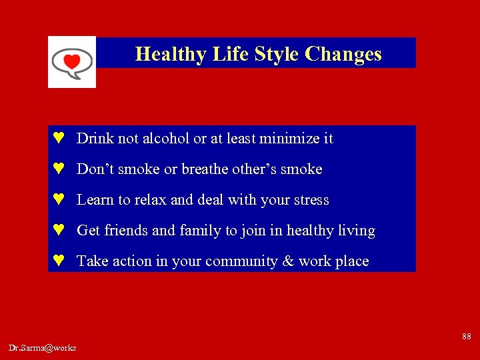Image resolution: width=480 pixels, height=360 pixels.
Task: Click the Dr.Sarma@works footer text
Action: pyautogui.click(x=43, y=347)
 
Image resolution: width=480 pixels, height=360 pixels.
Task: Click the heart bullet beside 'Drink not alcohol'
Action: pyautogui.click(x=59, y=139)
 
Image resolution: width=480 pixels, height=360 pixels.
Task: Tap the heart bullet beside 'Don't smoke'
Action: pyautogui.click(x=59, y=169)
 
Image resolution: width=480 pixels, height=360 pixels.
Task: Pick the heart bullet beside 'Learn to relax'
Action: pyautogui.click(x=59, y=200)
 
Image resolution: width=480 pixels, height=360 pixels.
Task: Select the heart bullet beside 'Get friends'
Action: pyautogui.click(x=59, y=231)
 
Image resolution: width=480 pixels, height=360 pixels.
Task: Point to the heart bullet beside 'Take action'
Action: pyautogui.click(x=59, y=261)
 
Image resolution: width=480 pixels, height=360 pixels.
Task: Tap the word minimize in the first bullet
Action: pyautogui.click(x=291, y=139)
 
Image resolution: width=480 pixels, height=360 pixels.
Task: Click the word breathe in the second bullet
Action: pyautogui.click(x=205, y=169)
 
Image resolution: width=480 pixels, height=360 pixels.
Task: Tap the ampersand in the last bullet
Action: pyautogui.click(x=288, y=261)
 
